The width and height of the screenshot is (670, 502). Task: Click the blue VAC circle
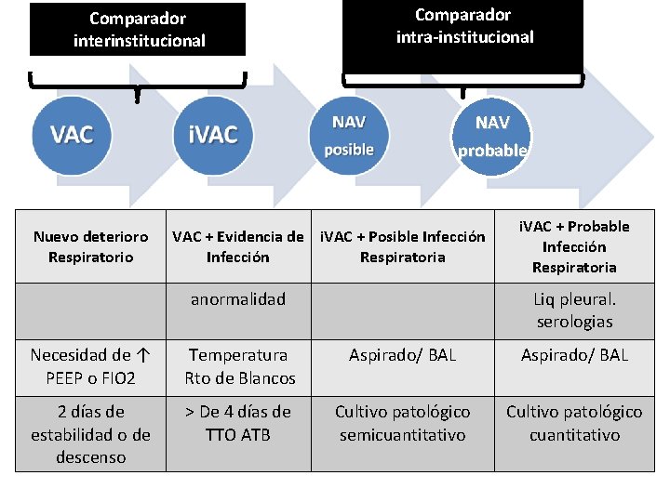pos(72,135)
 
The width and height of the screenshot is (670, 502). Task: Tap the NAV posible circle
pos(349,136)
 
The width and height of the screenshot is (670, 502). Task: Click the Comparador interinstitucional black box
pos(138,30)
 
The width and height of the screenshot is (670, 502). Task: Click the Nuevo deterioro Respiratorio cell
pos(90,246)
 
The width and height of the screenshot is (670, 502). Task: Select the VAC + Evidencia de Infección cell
pos(237,246)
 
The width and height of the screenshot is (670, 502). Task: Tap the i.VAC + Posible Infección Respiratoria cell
pos(402,246)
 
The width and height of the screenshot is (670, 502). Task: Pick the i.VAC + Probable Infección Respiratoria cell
pos(574,246)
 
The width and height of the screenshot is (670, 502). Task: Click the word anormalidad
pos(237,299)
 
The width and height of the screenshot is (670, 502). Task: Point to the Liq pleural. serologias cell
pos(574,310)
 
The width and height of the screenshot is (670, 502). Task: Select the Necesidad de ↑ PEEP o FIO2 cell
pos(90,366)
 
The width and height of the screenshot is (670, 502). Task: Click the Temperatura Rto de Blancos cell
pos(239,366)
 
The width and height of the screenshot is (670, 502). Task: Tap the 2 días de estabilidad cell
pos(90,434)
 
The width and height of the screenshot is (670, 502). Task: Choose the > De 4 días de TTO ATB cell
pos(237,423)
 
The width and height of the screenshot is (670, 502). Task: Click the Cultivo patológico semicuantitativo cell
pos(402,423)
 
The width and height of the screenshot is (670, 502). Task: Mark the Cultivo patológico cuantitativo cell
pos(574,423)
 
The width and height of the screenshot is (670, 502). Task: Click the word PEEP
pos(64,378)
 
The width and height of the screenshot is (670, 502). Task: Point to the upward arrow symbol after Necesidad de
pos(141,355)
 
